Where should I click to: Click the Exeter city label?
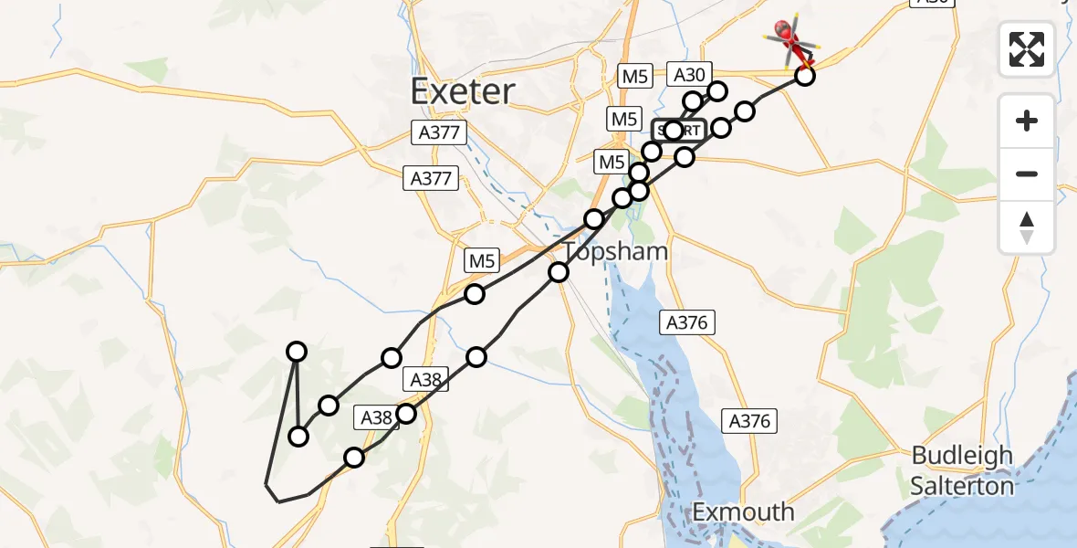tap(463, 91)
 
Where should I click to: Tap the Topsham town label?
tap(616, 251)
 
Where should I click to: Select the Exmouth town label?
tap(744, 511)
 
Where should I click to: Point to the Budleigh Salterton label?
tap(963, 469)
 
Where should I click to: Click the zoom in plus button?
tap(1027, 121)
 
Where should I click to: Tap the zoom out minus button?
tap(1027, 174)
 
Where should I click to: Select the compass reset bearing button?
tap(1027, 227)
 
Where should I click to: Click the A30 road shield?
tap(689, 75)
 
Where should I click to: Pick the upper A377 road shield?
tap(438, 132)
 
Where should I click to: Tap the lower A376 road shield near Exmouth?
tap(750, 421)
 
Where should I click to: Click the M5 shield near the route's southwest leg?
tap(482, 261)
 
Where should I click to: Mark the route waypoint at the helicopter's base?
tap(804, 75)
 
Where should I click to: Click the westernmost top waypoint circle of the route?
tap(297, 351)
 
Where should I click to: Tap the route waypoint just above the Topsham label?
tap(594, 218)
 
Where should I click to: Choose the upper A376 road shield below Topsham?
tap(685, 321)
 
